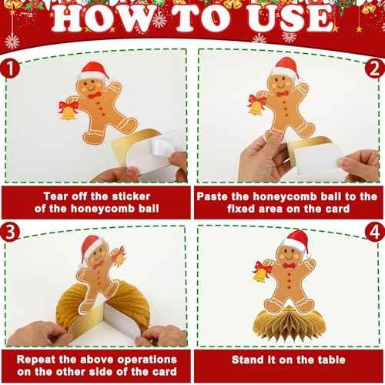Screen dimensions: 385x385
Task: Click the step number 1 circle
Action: [10, 69]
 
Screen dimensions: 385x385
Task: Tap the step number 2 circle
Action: [375, 69]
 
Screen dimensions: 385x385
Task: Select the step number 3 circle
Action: [10, 232]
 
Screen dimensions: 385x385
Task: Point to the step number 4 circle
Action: [375, 232]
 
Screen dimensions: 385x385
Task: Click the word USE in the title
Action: [290, 18]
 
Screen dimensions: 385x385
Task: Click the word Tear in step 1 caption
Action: [56, 196]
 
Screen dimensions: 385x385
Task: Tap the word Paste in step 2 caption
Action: [213, 196]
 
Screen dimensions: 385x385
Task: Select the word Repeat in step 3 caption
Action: [36, 360]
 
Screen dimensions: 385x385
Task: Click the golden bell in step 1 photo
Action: [68, 114]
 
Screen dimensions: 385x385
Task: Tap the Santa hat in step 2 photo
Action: [286, 68]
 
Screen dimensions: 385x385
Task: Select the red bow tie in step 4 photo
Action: [290, 266]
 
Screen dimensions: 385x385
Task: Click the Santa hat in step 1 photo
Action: [94, 72]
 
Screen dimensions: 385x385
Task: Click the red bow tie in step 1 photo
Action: [95, 95]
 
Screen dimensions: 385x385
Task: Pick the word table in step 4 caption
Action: [332, 360]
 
